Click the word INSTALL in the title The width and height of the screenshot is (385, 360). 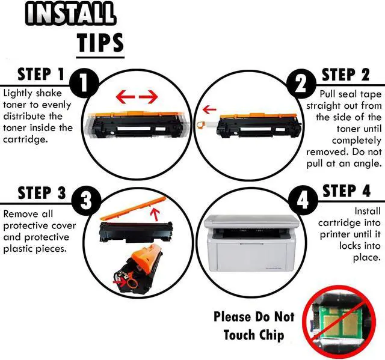tap(70, 13)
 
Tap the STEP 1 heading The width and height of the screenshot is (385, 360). tap(41, 74)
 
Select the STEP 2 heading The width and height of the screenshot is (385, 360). tap(345, 75)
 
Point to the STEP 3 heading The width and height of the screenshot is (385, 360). tap(42, 193)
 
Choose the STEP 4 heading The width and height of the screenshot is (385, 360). tap(346, 191)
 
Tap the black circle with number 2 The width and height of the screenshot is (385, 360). tap(301, 84)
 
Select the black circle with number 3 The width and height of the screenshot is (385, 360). tap(86, 201)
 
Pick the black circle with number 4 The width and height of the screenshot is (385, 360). tap(303, 200)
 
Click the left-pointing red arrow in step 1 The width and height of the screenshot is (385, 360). tap(125, 97)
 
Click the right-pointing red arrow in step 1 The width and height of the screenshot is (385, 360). tap(149, 97)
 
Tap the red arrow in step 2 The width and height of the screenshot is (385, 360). tap(209, 109)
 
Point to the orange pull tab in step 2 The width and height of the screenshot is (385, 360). tap(201, 125)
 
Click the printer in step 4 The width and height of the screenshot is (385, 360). tap(251, 243)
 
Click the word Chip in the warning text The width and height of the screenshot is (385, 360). tap(271, 335)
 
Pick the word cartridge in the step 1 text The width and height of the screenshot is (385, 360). tap(25, 139)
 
